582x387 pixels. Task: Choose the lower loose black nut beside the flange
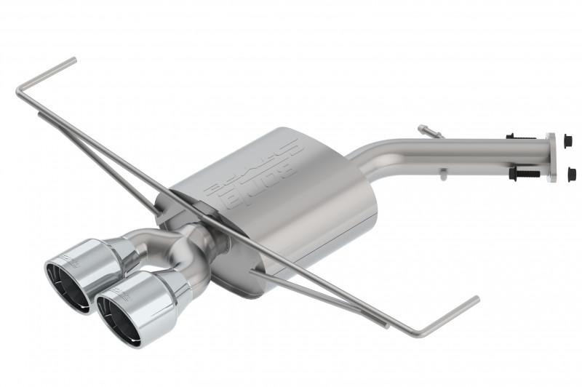(570, 173)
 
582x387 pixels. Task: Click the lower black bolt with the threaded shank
(525, 175)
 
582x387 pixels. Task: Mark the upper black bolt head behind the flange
(511, 136)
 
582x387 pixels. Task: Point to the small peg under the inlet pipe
(442, 174)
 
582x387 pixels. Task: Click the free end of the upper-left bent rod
(74, 60)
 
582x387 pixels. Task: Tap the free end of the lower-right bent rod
(477, 298)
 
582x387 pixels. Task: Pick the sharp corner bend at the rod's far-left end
(17, 92)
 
